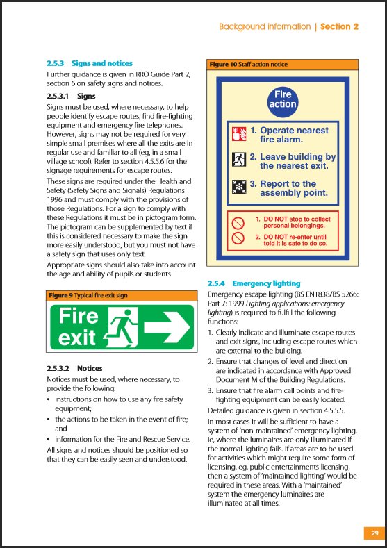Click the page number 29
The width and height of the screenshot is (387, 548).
[x=374, y=533]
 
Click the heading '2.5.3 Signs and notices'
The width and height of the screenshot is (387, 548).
[x=89, y=63]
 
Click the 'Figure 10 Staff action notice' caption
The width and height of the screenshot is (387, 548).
[x=248, y=65]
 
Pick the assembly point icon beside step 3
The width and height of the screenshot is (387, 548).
[x=238, y=188]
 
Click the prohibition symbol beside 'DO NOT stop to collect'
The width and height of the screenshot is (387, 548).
[x=238, y=222]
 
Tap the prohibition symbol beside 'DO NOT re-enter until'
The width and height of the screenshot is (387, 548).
[x=238, y=240]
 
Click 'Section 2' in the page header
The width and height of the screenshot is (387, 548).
[x=339, y=26]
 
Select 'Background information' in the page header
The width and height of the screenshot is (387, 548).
[x=265, y=26]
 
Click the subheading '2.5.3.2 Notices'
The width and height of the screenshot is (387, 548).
[x=74, y=369]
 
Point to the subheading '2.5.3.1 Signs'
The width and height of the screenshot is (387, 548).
[x=71, y=96]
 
